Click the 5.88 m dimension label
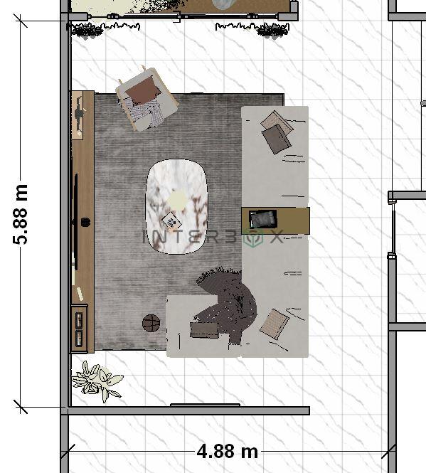tap(20, 214)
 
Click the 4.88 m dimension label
tap(228, 452)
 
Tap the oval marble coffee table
tap(176, 207)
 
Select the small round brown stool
tap(151, 323)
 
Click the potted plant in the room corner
tap(97, 381)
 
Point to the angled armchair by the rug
tap(147, 99)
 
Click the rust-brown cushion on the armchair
tap(144, 90)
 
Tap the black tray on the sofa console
tap(262, 219)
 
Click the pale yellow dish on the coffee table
tap(177, 199)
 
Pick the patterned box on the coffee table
tap(171, 221)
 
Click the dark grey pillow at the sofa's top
tap(276, 139)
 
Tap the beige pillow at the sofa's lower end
tap(275, 324)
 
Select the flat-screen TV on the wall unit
tap(75, 222)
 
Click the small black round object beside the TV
tap(85, 223)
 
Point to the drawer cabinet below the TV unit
tap(80, 329)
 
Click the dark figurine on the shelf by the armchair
tap(79, 114)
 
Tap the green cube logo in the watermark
tap(253, 238)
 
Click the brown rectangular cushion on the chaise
tap(204, 330)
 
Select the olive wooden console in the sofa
tap(275, 220)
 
